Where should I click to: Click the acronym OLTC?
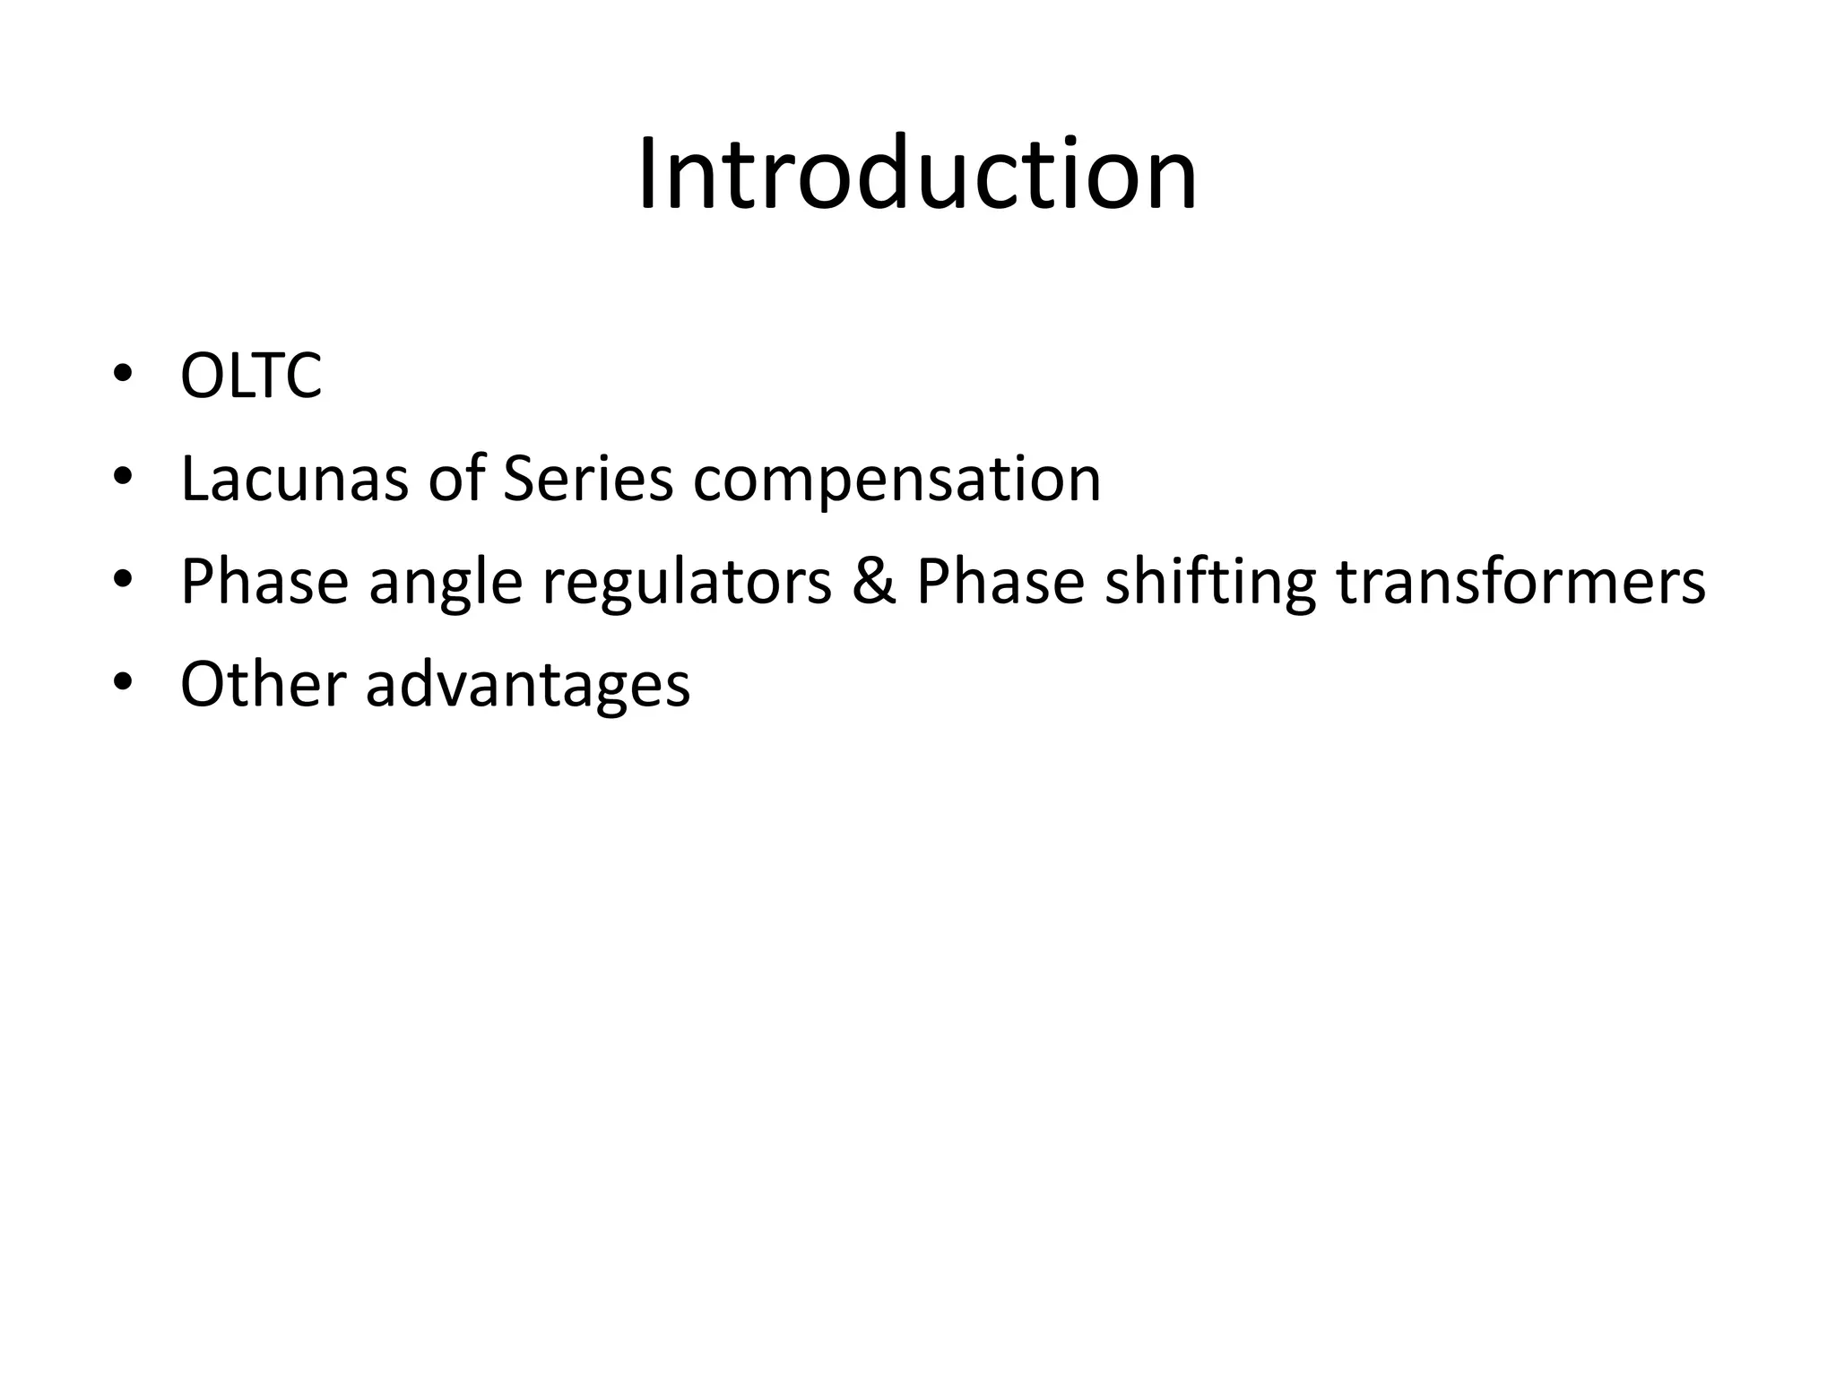[251, 376]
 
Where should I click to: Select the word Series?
[587, 479]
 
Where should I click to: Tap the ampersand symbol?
[874, 581]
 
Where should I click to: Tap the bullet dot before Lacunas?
[123, 478]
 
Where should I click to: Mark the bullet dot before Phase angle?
[123, 580]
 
